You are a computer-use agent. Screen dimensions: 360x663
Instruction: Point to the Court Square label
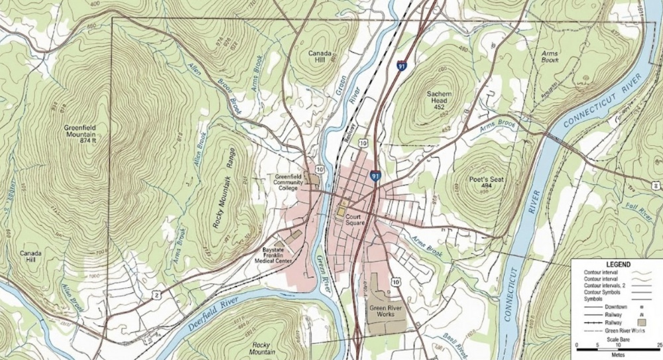tap(359, 219)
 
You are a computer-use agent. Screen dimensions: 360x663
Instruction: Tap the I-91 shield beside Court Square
tap(376, 176)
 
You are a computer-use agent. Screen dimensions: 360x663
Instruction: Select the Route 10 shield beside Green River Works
tap(396, 282)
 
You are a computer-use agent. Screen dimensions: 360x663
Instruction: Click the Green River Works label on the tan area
tap(385, 311)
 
